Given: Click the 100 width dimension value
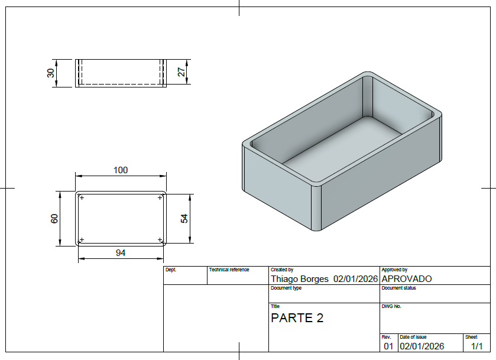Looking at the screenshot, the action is (121, 170).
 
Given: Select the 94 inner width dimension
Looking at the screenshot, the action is (121, 253).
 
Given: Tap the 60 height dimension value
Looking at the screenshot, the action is (54, 219).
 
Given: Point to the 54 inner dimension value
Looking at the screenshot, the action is (184, 219).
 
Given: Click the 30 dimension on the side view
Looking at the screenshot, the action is (51, 73).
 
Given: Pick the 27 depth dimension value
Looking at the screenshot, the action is (181, 72).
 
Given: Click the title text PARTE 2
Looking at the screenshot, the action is (297, 318).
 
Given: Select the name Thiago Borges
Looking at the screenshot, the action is (300, 278).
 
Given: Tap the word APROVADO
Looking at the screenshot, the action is (407, 278).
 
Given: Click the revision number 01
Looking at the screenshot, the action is (388, 346).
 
